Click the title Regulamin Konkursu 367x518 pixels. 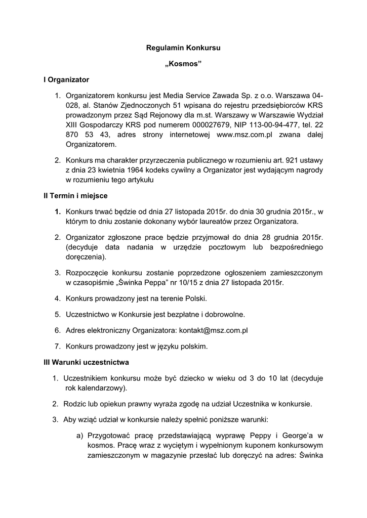[183, 48]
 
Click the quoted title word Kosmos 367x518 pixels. [183, 64]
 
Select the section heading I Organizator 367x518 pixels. [66, 79]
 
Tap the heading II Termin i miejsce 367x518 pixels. [75, 195]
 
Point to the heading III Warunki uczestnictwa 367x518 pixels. [86, 362]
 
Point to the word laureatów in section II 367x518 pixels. [230, 221]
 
